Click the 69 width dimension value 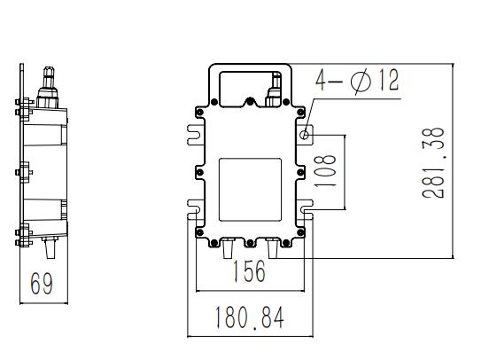42,283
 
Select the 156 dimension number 250,271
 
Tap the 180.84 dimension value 250,317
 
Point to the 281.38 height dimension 433,162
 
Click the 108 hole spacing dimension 325,170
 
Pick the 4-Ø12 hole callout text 357,81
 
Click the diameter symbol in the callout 361,82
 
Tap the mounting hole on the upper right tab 305,135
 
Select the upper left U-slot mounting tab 196,135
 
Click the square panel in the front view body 250,190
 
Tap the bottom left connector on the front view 228,248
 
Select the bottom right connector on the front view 273,248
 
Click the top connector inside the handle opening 274,90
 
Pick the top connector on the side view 48,88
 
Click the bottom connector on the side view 50,247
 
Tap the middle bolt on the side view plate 24,172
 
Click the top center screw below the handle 250,101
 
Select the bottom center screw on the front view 250,243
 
